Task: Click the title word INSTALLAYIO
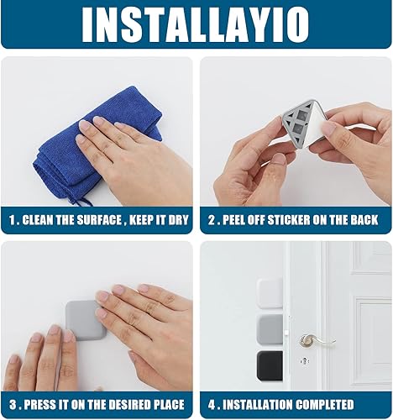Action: click(x=196, y=24)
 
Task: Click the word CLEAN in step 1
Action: click(x=50, y=221)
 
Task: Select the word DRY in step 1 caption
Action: click(x=174, y=221)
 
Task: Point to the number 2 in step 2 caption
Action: click(x=211, y=221)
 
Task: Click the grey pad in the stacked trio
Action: click(x=269, y=329)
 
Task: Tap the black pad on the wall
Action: click(x=269, y=366)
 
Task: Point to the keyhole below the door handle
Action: click(x=304, y=360)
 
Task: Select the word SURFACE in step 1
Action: click(x=110, y=221)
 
